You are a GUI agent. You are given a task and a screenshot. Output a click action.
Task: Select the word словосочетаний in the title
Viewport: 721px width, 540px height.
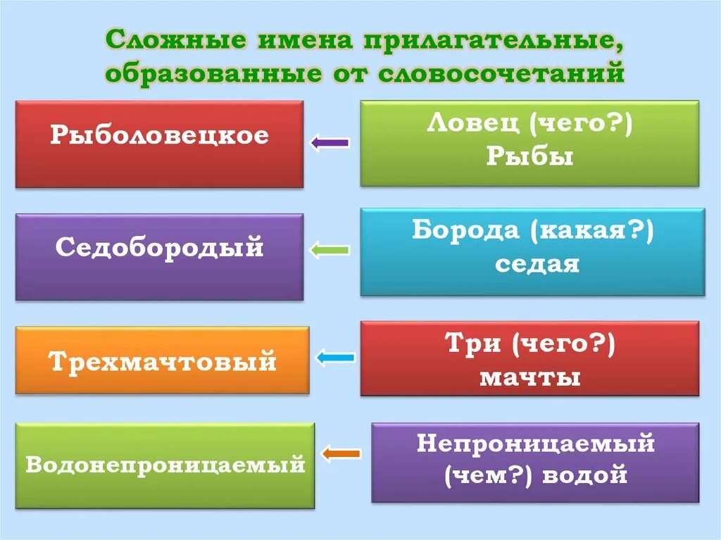503,73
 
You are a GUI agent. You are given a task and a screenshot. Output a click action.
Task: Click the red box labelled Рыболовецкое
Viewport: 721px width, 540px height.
159,144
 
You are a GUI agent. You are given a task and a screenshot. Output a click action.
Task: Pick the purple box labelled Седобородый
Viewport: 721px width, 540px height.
159,257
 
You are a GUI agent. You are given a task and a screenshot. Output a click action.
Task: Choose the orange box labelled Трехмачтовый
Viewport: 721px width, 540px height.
162,360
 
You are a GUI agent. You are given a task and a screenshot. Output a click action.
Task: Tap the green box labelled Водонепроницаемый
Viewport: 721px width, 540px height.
165,465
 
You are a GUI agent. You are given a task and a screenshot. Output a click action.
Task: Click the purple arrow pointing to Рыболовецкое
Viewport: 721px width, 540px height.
330,143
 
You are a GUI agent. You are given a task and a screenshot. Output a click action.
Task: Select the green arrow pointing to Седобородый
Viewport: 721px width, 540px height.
330,249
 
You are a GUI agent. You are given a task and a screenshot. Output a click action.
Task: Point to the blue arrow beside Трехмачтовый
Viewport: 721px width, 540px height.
335,358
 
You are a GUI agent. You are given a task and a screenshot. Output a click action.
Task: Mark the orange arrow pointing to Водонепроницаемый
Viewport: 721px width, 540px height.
341,453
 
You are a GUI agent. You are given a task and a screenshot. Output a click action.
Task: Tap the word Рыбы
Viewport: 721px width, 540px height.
529,156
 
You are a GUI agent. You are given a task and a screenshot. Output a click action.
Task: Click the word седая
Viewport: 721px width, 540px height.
537,264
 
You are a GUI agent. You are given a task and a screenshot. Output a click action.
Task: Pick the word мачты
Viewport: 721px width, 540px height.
529,377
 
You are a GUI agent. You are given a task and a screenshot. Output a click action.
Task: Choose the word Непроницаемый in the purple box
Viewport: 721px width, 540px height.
536,444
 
